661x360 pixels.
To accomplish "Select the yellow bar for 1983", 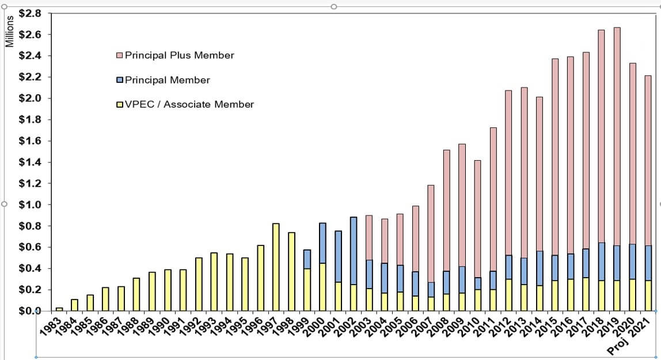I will click(x=59, y=309).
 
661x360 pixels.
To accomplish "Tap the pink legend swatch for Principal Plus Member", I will click(x=120, y=56).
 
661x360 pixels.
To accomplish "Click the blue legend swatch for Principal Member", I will click(x=120, y=80).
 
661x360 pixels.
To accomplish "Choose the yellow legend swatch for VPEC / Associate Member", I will click(x=120, y=105).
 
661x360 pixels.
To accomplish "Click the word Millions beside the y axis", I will click(x=9, y=31).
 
